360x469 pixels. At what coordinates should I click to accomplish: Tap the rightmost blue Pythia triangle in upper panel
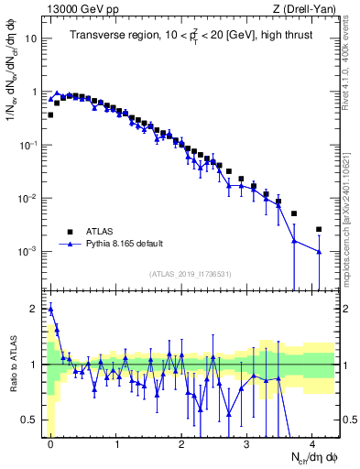319,252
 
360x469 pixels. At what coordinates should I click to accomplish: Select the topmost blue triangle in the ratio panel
50,309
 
